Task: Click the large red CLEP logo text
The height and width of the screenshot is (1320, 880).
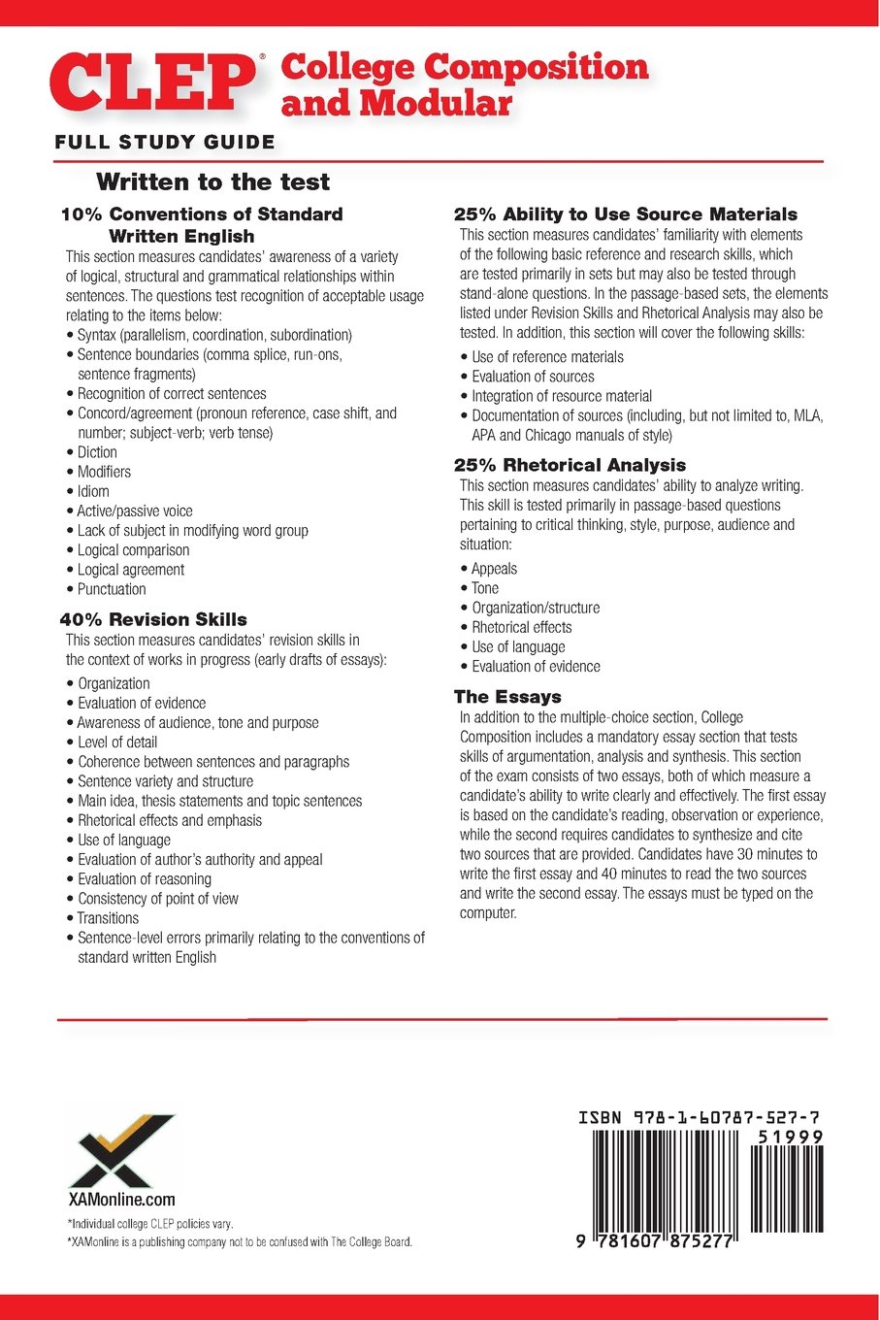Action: pos(154,83)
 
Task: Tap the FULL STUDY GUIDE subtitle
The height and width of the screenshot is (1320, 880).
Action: pos(165,143)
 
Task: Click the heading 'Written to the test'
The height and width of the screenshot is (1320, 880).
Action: pos(213,182)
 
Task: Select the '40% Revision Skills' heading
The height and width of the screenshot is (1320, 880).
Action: pos(153,619)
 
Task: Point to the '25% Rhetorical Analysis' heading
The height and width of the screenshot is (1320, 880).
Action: pos(570,465)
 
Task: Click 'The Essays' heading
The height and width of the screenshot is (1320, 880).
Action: pos(507,697)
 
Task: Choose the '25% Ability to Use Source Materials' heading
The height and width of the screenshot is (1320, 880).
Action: pos(626,214)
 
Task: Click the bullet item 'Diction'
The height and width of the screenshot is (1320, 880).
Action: pos(97,452)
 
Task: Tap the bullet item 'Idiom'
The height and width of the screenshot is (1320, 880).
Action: pos(93,491)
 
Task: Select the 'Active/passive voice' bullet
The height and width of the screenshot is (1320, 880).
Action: pos(135,511)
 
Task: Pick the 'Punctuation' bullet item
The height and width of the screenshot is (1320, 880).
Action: pos(112,589)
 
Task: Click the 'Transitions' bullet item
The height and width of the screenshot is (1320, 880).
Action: pos(108,918)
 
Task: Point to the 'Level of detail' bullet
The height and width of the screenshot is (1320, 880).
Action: pos(117,742)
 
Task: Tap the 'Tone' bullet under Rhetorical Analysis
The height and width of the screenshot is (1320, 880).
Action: pos(485,588)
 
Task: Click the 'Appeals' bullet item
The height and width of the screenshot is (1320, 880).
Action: pos(494,569)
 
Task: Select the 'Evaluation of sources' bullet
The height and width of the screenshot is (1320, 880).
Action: pos(533,377)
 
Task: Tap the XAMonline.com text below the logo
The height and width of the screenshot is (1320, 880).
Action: pos(122,1200)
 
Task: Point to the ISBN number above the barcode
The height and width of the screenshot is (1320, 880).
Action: pos(699,1118)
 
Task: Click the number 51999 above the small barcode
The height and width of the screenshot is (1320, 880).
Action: pos(791,1137)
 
